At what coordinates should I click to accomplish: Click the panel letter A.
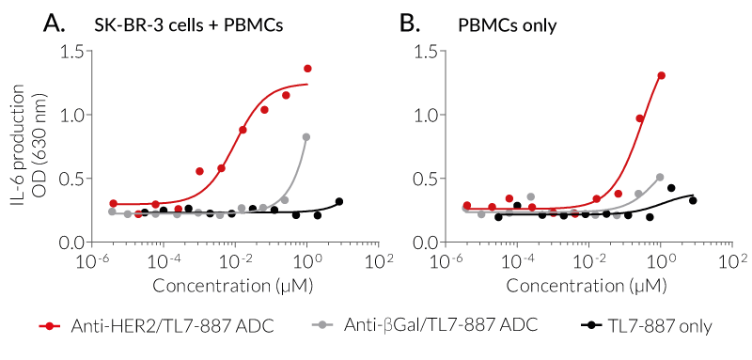pos(55,23)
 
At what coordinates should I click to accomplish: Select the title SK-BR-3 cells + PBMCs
pos(188,24)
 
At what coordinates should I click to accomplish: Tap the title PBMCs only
pos(507,24)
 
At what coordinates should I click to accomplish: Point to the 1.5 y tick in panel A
pos(76,51)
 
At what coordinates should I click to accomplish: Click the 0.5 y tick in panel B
pos(431,179)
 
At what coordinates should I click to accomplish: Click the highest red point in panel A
pos(307,69)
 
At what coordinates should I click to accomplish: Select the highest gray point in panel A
pos(306,137)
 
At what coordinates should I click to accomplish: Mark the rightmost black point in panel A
pos(339,201)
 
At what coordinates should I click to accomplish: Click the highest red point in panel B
pos(662,75)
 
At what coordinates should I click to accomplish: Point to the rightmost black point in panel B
pos(693,200)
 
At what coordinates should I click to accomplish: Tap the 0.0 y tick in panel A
pos(76,243)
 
